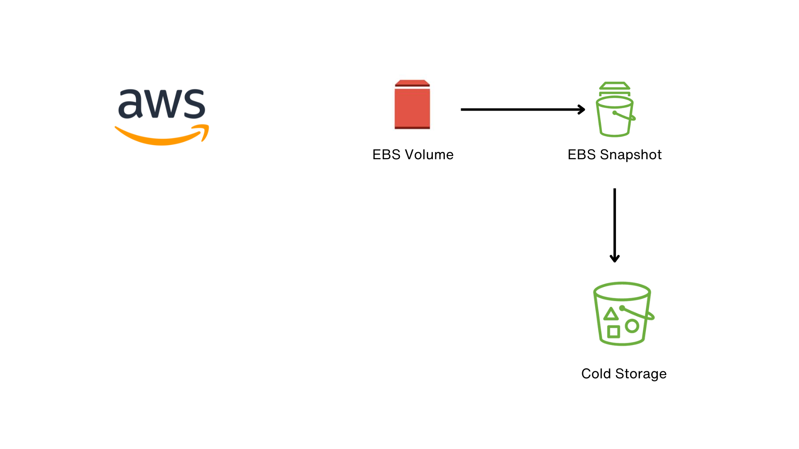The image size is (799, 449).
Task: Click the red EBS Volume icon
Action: [412, 106]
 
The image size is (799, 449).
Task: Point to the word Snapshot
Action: [630, 155]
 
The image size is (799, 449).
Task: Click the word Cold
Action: [596, 374]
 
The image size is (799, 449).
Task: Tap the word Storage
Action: [641, 374]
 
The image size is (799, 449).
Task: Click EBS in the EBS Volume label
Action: [386, 155]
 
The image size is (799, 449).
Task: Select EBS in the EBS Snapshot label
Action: [581, 155]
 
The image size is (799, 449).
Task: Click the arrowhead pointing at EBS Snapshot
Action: [582, 109]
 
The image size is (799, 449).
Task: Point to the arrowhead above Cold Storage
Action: [615, 259]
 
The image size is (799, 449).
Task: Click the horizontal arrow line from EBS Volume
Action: [520, 109]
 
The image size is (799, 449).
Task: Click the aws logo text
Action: [161, 104]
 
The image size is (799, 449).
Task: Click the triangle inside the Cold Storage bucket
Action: [610, 314]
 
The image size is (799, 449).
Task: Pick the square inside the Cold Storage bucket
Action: [613, 332]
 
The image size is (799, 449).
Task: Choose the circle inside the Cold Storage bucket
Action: [632, 326]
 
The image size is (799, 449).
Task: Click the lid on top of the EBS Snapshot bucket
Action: [615, 86]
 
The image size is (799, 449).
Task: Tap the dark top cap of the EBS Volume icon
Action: [412, 83]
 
